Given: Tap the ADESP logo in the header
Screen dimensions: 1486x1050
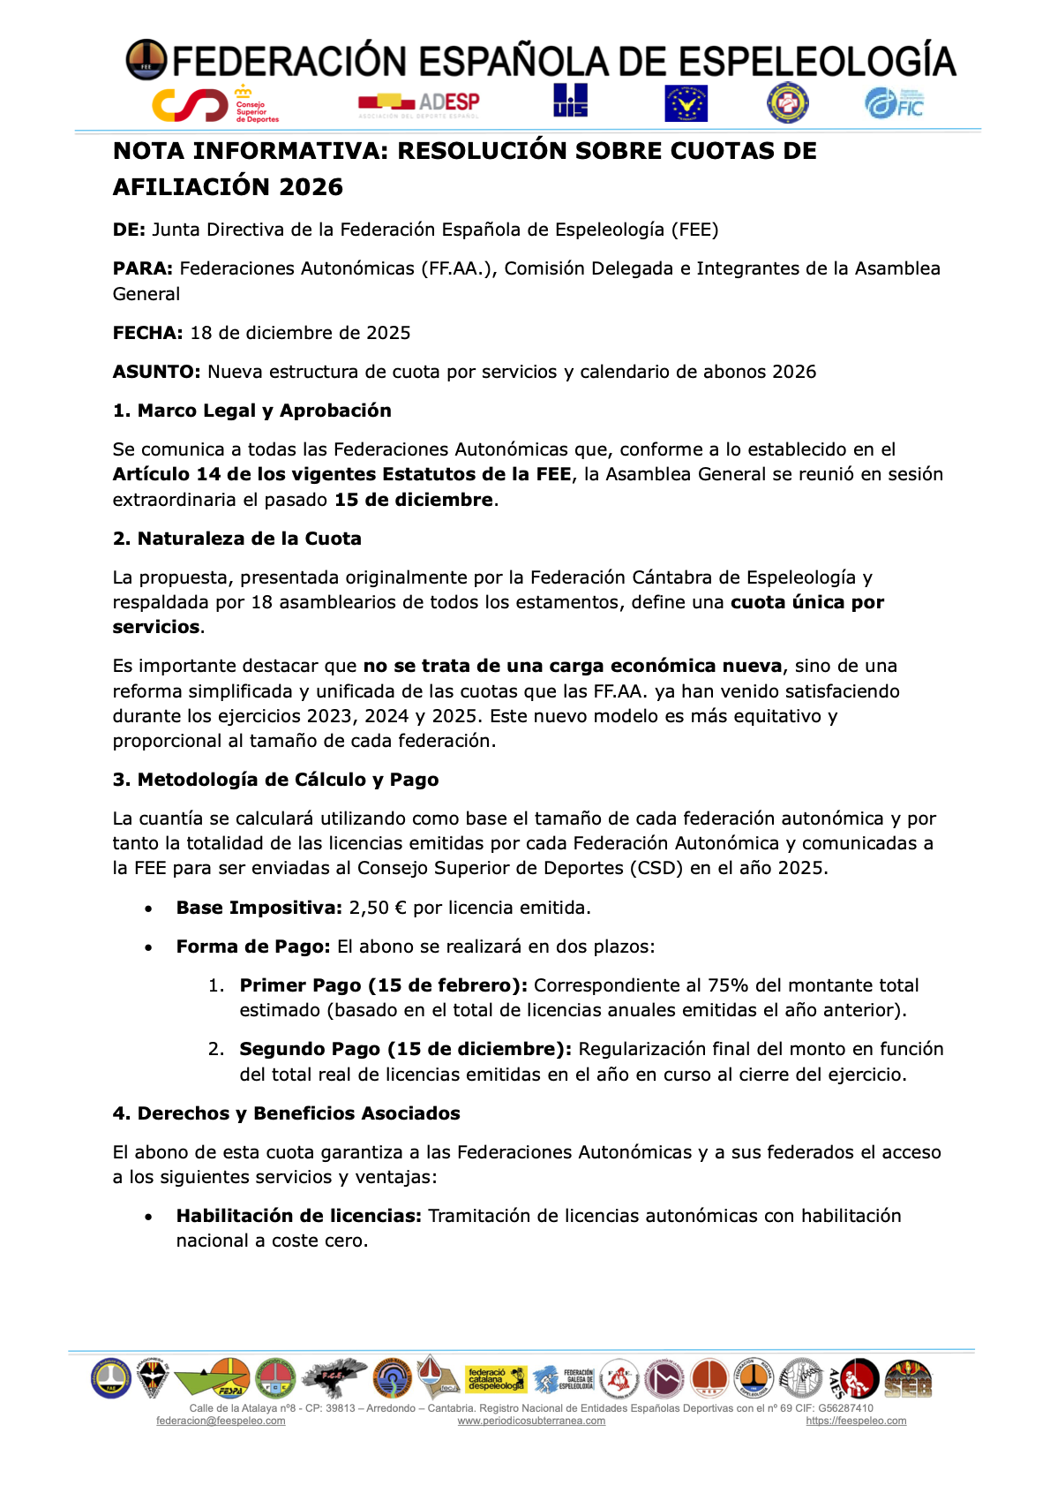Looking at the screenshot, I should tap(419, 104).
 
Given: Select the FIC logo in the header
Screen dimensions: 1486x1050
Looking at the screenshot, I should tap(894, 104).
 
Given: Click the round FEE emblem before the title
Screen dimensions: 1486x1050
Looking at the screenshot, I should tap(146, 60).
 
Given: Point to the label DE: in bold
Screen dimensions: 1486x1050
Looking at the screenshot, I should tap(129, 230).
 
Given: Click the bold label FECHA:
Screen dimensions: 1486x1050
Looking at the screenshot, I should tap(147, 333).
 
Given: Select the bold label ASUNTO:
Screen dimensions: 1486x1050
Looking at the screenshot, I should tap(157, 372).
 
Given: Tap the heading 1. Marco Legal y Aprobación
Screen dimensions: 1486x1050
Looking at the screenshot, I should tap(251, 411).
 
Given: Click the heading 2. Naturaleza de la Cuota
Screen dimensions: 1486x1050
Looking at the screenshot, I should tap(236, 539).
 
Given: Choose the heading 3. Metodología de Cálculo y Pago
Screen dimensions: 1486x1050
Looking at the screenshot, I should tap(275, 780).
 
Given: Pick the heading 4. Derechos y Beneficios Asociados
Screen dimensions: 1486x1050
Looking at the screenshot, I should tap(286, 1113).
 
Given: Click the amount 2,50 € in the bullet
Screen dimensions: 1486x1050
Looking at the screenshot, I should tap(378, 908).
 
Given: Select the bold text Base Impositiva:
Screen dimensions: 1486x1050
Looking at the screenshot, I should tap(259, 908).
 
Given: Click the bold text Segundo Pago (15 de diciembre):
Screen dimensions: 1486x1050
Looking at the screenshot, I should tap(405, 1049).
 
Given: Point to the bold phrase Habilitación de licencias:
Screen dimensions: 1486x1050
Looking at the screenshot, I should tap(298, 1216).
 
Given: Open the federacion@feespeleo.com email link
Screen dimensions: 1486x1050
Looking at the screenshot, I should tap(221, 1421).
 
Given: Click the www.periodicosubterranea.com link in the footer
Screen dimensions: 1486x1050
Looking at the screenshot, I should tap(531, 1421).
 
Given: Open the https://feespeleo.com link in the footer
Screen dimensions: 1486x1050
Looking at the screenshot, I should tap(856, 1421).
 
